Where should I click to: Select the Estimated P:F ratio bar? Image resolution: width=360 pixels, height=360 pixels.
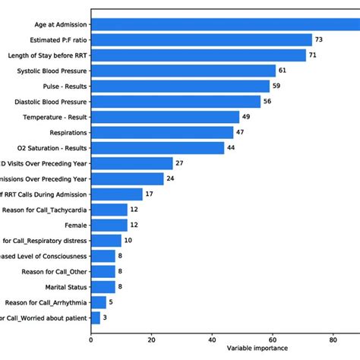pyautogui.click(x=201, y=39)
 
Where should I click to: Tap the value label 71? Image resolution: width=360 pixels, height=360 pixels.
pyautogui.click(x=314, y=55)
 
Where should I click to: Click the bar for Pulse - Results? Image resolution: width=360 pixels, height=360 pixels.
pyautogui.click(x=180, y=86)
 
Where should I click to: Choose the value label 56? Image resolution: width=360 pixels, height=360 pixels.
pyautogui.click(x=268, y=101)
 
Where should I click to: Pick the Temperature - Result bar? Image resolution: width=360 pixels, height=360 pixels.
pyautogui.click(x=165, y=117)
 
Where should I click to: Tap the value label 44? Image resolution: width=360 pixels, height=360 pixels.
pyautogui.click(x=232, y=148)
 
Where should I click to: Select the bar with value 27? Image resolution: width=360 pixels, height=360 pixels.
pyautogui.click(x=131, y=163)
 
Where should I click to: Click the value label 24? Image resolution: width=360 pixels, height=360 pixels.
pyautogui.click(x=171, y=179)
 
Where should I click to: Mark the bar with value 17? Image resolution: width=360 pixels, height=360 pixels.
pyautogui.click(x=116, y=194)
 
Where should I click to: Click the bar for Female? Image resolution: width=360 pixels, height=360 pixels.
pyautogui.click(x=109, y=226)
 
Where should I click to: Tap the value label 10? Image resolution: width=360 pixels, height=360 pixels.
pyautogui.click(x=128, y=241)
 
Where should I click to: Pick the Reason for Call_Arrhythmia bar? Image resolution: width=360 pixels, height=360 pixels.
pyautogui.click(x=98, y=303)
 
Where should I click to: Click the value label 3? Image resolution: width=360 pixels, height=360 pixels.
pyautogui.click(x=105, y=318)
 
